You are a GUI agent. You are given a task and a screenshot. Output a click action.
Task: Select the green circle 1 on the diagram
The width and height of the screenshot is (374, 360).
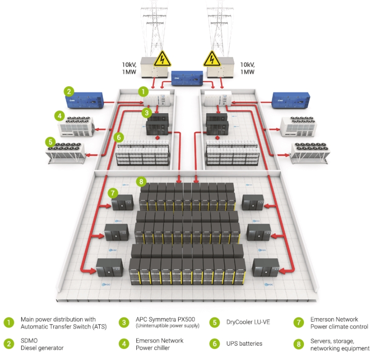click(x=144, y=91)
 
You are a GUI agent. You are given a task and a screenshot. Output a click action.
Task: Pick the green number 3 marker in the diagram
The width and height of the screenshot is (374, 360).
click(x=146, y=112)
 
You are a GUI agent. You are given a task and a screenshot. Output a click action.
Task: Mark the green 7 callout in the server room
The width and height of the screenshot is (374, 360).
click(x=112, y=193)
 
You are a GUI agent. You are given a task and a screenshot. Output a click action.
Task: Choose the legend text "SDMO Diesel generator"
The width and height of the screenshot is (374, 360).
click(x=42, y=344)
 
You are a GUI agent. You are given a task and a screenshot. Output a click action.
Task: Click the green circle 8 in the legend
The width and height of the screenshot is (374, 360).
click(x=299, y=344)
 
